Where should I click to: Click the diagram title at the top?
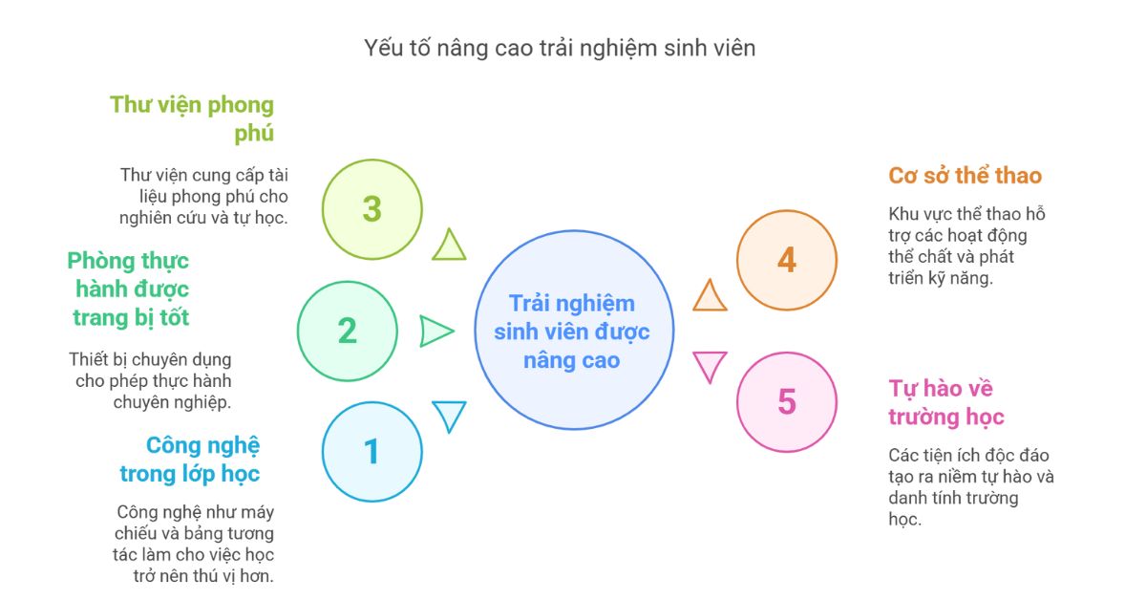[560, 49]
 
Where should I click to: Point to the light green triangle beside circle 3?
[449, 246]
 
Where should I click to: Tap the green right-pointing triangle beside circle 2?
[435, 332]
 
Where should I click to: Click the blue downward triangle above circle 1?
[449, 416]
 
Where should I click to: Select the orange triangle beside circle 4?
[710, 296]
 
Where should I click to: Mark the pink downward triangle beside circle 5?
[710, 366]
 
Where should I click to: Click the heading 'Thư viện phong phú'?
[192, 118]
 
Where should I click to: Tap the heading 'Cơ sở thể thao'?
[965, 176]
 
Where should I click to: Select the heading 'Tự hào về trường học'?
[946, 402]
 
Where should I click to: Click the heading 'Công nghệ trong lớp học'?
[190, 460]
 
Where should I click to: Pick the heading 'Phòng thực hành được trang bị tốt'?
[128, 289]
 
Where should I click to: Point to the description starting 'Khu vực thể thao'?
[966, 246]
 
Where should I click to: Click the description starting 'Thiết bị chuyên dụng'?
[151, 380]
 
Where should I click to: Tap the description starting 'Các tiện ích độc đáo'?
[971, 487]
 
